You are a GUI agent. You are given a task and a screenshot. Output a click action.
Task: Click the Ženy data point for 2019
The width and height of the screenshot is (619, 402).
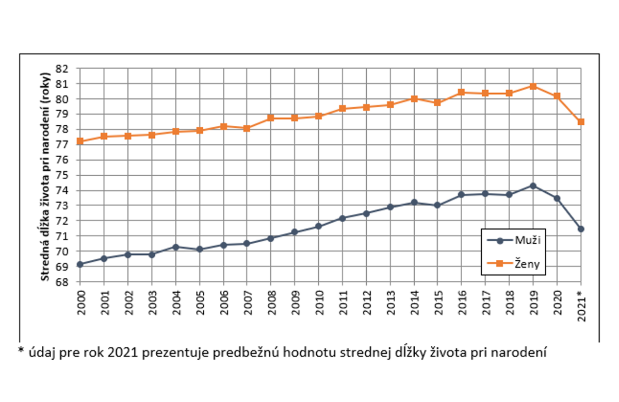point(533,86)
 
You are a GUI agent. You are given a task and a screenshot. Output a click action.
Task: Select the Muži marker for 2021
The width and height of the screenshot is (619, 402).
point(581,229)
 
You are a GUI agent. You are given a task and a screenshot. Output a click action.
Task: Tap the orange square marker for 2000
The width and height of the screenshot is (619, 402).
point(79,141)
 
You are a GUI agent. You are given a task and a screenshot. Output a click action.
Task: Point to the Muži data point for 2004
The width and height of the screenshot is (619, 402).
point(175,247)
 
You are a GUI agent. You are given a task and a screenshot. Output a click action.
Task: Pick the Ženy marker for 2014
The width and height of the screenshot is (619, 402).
point(414,98)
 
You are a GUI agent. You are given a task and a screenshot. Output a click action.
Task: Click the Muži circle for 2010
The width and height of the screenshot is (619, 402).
point(318,226)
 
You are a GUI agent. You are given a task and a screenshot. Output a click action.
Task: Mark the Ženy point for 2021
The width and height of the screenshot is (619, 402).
point(581,122)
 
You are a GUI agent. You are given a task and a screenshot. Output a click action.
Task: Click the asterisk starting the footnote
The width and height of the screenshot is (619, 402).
point(21,350)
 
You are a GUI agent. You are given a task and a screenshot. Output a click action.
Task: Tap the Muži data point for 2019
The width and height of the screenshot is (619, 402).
point(533,186)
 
